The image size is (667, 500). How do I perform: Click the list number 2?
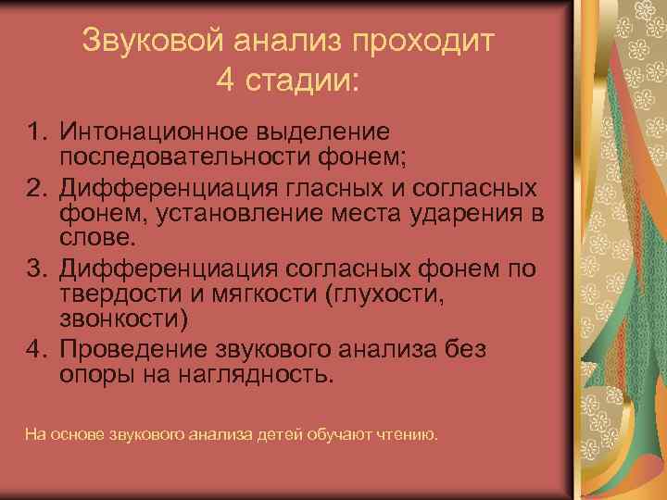point(35,189)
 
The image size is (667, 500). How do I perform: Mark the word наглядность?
point(265,375)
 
